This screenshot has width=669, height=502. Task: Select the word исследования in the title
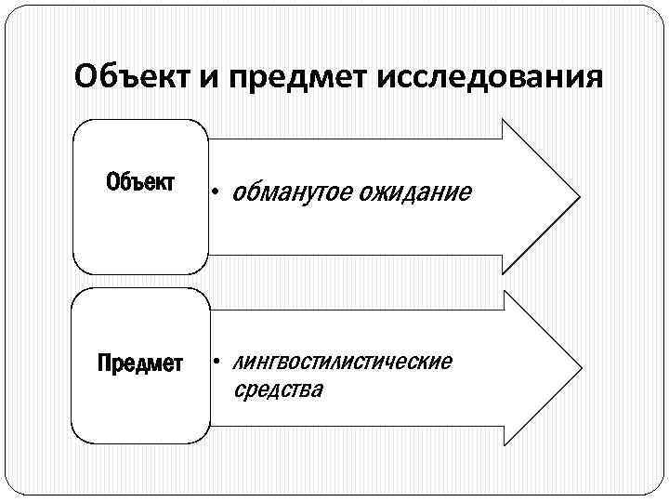tap(490, 75)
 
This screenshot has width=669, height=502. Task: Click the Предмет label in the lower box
tap(140, 362)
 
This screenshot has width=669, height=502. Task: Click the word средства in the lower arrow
tap(278, 390)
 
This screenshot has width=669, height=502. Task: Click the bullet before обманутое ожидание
tap(214, 193)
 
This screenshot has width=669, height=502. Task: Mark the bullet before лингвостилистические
tap(214, 361)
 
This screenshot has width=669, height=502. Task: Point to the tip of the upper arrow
tap(578, 196)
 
